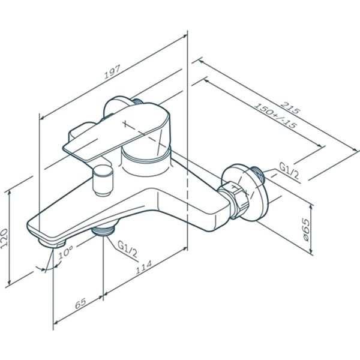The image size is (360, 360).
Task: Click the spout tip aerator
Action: point(52,241)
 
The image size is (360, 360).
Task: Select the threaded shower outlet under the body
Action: point(104,231)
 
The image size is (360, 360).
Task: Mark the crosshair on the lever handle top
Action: point(124,125)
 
